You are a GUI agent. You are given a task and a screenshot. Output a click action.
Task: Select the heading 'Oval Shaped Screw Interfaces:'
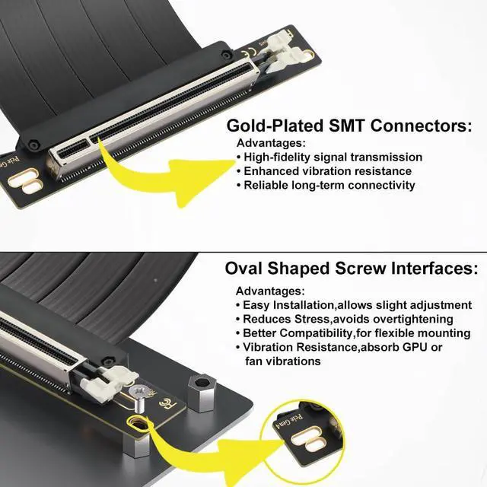pos(352,269)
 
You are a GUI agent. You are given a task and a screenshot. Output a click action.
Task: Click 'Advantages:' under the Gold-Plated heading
pos(271,143)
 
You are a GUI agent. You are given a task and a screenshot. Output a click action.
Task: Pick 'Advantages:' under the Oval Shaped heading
pos(270,291)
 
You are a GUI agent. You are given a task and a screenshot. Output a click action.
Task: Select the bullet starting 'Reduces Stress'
pos(348,320)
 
